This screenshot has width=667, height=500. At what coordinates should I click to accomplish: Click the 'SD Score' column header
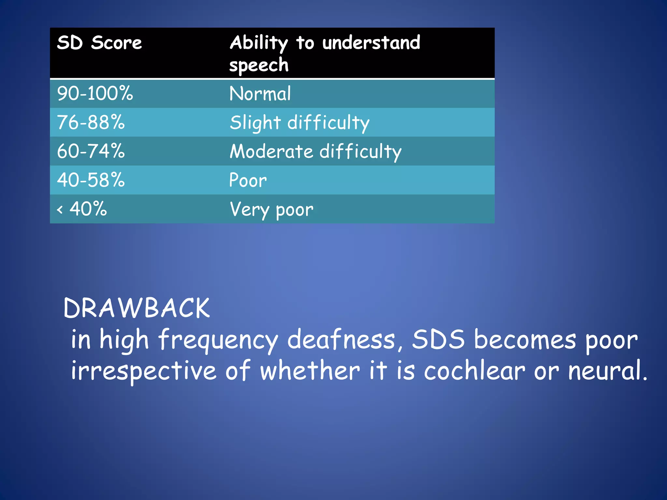click(x=99, y=43)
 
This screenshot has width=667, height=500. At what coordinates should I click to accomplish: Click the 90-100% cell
click(x=95, y=93)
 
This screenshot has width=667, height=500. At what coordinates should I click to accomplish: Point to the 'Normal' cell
click(x=260, y=94)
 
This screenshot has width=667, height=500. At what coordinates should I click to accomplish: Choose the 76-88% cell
click(x=91, y=122)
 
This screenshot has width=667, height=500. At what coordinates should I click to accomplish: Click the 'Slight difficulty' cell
click(x=299, y=123)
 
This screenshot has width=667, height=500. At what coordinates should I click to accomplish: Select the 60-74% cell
click(x=91, y=151)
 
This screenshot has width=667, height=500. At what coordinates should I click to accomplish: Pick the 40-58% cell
click(x=91, y=180)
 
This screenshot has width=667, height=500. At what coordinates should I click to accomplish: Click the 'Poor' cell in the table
click(x=248, y=180)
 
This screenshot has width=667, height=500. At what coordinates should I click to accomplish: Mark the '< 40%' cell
click(x=82, y=209)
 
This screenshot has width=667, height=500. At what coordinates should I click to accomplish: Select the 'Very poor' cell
click(x=271, y=209)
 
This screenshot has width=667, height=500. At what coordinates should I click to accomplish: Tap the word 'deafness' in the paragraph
click(x=341, y=340)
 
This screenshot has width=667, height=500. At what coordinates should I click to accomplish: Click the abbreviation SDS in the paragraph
click(x=438, y=340)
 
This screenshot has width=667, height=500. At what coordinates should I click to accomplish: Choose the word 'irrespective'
click(x=144, y=371)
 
